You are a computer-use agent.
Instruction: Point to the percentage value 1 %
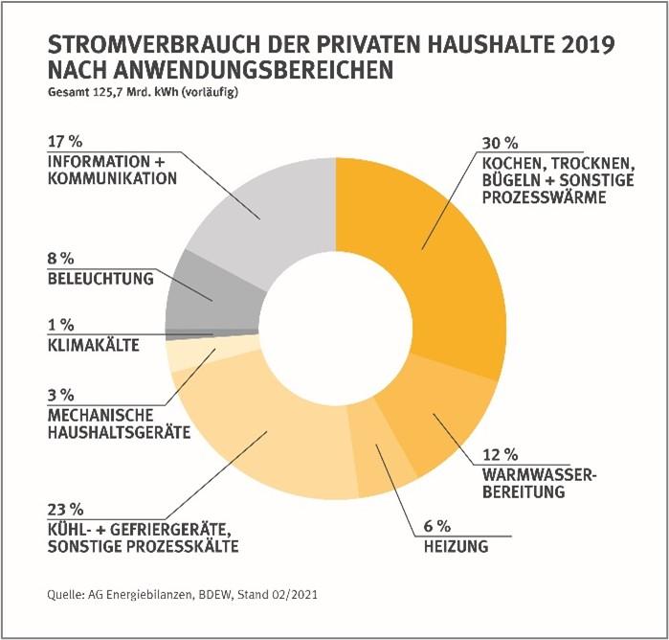tap(59, 325)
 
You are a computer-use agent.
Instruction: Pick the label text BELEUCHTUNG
tap(100, 280)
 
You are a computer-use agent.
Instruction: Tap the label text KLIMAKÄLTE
tap(92, 343)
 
